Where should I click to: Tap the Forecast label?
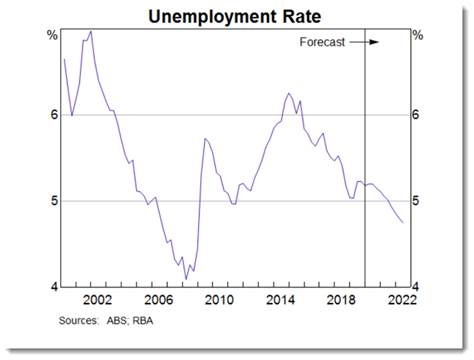321,42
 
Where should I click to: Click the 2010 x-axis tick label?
217,299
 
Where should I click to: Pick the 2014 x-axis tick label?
279,299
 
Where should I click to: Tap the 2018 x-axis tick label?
340,299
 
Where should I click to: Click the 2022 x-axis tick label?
401,299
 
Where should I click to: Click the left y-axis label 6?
52,115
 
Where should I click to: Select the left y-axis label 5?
52,201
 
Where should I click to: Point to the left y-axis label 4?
52,287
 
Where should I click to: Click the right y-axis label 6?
416,115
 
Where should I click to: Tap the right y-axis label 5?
416,201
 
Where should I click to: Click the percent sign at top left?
52,35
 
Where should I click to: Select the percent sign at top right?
417,35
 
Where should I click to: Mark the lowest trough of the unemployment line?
186,279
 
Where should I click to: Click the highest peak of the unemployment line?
91,31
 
